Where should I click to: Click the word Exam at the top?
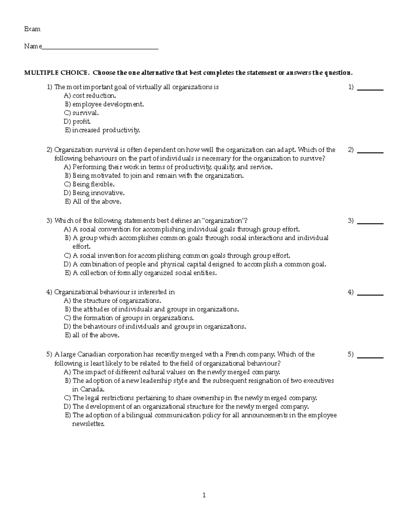[32, 29]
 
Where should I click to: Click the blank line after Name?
[100, 48]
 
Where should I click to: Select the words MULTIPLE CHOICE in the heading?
[56, 73]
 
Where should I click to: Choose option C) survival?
[82, 113]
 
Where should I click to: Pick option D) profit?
[77, 121]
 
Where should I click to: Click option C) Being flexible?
[89, 184]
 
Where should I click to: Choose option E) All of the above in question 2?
[93, 202]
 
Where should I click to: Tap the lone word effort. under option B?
[82, 247]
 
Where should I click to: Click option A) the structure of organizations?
[113, 301]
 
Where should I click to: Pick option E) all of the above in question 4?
[92, 335]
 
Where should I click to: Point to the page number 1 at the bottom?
[204, 495]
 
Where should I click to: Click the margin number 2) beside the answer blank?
[351, 150]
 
